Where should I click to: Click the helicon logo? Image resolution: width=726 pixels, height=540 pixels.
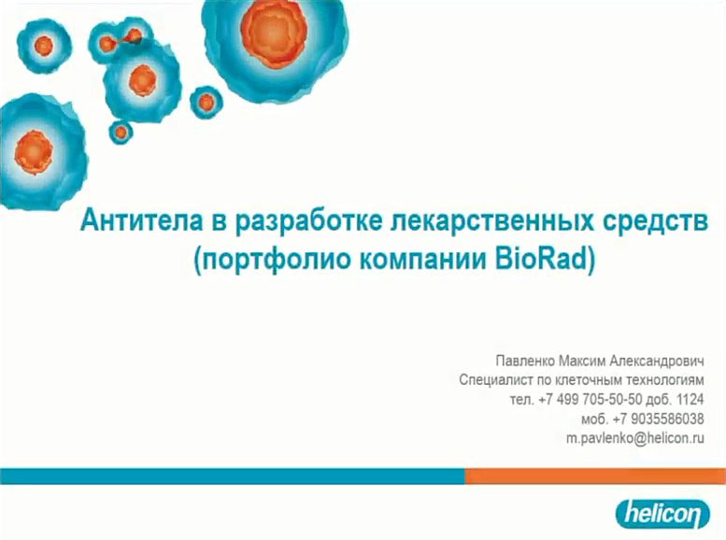[x=662, y=514]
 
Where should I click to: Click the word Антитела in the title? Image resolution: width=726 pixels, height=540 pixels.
[x=142, y=220]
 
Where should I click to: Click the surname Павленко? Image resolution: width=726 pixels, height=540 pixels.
[x=524, y=361]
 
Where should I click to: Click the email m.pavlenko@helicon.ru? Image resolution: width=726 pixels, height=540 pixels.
[x=634, y=438]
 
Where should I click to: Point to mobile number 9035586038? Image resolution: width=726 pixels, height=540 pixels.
[x=667, y=419]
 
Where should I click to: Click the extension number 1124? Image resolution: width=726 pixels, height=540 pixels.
[x=690, y=399]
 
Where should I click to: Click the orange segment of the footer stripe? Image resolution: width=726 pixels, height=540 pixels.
[x=595, y=476]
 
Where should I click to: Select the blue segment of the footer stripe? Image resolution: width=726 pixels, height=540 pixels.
[x=233, y=476]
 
